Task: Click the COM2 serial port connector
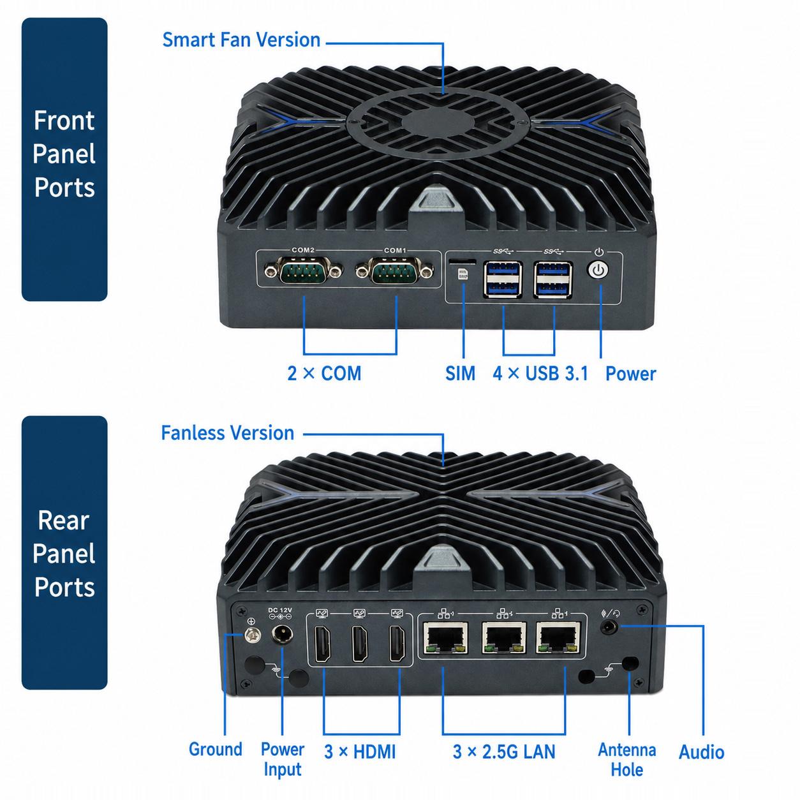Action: coord(304,270)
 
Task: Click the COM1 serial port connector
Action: coord(395,270)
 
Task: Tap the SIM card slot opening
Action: coord(462,260)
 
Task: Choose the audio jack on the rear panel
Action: coord(609,626)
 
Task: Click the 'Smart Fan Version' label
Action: coord(241,40)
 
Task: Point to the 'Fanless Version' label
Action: coord(228,433)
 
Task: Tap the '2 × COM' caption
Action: coord(324,373)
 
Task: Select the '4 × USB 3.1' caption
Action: coord(540,373)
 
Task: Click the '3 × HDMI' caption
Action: coord(360,752)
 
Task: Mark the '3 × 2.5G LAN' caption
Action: coord(504,752)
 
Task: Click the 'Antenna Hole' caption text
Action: coord(627,759)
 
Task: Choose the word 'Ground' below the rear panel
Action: coord(216,750)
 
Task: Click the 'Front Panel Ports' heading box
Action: coord(64,159)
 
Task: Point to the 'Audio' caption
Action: coord(701,752)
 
